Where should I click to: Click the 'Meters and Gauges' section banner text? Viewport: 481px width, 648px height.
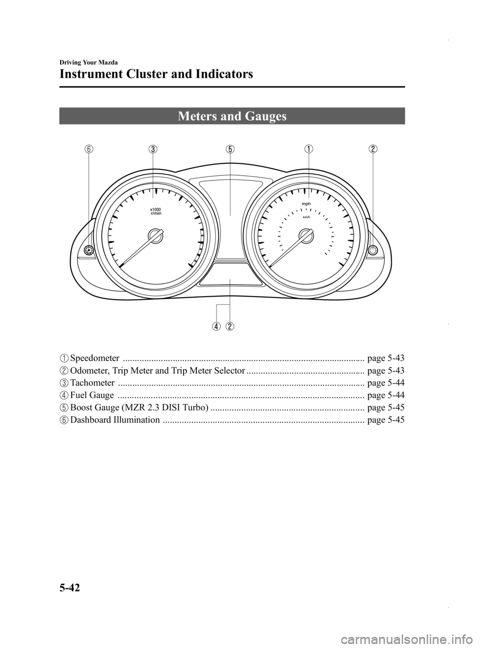tap(231, 116)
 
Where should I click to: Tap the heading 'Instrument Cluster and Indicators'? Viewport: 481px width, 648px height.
tap(156, 75)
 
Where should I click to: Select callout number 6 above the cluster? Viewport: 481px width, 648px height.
tap(89, 149)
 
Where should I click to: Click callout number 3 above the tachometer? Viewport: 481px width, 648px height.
tap(153, 149)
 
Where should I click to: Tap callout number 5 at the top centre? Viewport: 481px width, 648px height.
tap(230, 149)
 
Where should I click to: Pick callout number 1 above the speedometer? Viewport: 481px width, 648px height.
tap(309, 149)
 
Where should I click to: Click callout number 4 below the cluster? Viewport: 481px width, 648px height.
tap(216, 326)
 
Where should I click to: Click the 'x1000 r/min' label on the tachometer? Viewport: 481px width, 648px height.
tap(156, 210)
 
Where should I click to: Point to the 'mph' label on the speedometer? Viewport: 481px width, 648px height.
tap(307, 204)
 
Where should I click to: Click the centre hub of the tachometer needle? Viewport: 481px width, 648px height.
tap(156, 236)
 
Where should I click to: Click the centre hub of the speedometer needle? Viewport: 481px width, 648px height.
tap(306, 236)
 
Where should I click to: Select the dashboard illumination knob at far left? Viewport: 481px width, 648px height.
tap(89, 250)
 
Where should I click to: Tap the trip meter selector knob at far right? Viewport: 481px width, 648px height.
tap(373, 250)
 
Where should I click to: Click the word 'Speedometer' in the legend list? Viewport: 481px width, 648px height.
tap(95, 358)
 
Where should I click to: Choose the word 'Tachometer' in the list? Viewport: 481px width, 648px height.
tap(92, 382)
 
